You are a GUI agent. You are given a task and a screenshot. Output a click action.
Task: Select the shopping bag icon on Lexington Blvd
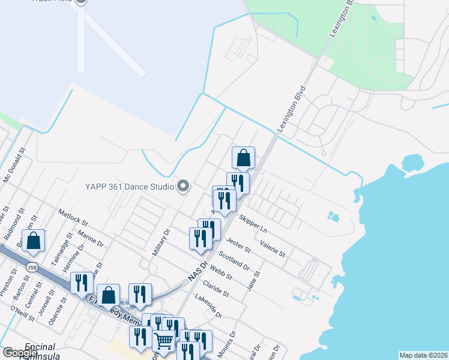[x=244, y=158]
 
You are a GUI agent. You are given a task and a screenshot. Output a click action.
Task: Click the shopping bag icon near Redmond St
[x=35, y=241]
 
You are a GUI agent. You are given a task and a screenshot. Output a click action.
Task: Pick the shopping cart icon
[x=163, y=341]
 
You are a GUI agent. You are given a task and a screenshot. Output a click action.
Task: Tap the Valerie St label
[x=273, y=248]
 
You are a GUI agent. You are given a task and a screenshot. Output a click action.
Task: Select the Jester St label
[x=238, y=243]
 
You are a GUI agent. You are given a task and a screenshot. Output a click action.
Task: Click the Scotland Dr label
[x=234, y=260]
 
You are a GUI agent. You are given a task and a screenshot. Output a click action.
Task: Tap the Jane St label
[x=255, y=280]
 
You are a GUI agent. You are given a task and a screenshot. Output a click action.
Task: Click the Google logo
[x=19, y=353]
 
